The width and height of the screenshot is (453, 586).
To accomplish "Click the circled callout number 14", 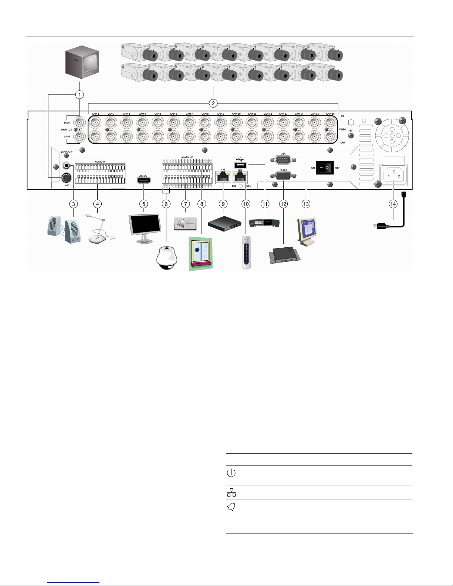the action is [393, 204].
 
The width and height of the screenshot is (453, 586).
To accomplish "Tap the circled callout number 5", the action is [143, 204].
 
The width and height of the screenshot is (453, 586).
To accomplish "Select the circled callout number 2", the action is [213, 103].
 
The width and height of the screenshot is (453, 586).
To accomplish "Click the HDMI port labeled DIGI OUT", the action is [143, 180].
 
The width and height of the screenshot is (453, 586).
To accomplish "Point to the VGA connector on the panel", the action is [283, 160].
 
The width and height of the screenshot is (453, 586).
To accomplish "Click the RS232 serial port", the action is [283, 176].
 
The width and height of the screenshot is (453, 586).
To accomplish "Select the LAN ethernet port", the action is [240, 177].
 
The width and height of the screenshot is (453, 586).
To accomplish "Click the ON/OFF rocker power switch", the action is [325, 168].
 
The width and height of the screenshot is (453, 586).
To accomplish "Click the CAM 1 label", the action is [95, 114].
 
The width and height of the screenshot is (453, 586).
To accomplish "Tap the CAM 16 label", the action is [330, 114].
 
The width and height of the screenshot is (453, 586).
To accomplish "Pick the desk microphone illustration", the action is [100, 229].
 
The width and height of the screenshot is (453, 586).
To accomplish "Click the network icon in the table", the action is [231, 492].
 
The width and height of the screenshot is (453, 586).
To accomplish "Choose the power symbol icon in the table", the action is [231, 473].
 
